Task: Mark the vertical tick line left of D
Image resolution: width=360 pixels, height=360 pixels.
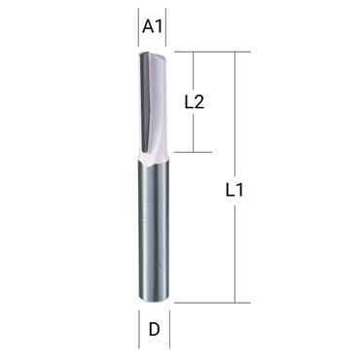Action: (135, 329)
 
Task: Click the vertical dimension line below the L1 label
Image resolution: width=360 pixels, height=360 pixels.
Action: (235, 253)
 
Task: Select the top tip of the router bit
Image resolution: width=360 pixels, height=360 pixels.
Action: (154, 54)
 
